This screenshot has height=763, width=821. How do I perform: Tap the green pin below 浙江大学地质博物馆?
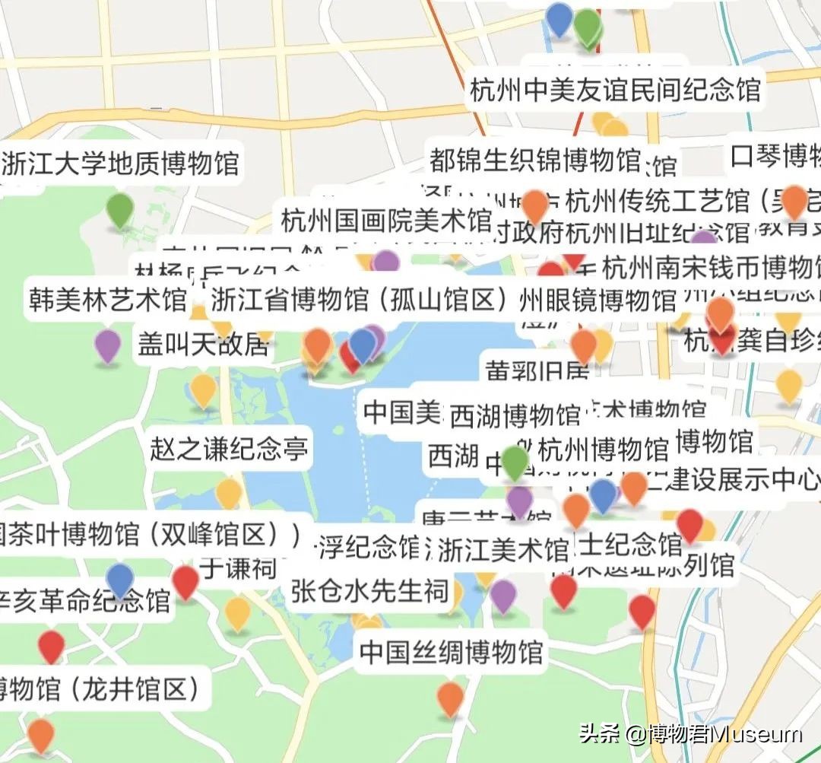119,208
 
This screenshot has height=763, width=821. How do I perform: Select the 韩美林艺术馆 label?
108,299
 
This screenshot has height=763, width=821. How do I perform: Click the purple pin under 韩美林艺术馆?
108,346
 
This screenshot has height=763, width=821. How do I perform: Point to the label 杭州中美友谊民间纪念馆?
615,91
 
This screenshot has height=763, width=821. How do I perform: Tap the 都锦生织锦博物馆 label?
534,160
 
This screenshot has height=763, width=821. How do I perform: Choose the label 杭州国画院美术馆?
386,221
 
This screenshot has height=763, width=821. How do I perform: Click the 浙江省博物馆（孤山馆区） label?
359,300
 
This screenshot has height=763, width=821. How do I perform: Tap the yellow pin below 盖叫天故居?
203,389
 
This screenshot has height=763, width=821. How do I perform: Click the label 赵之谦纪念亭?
229,448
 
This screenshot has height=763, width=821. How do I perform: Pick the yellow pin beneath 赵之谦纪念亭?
228,493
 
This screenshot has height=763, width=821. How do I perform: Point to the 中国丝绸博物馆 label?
451,652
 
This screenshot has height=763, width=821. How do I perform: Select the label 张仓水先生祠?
369,590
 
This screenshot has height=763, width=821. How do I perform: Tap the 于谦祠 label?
238,567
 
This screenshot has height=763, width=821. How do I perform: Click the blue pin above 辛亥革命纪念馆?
120,579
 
